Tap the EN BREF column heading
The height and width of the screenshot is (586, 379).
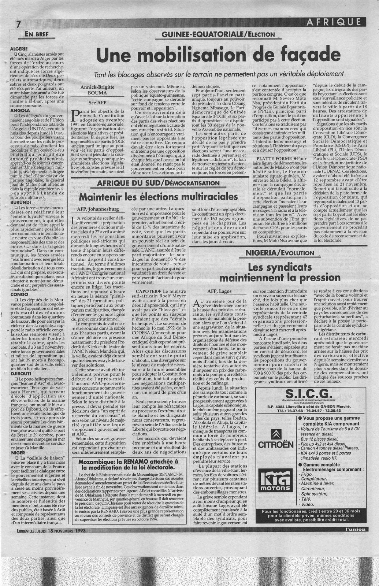(x=36, y=35)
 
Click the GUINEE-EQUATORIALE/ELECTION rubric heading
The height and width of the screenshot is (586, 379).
(x=220, y=34)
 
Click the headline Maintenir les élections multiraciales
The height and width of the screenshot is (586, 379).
(x=159, y=197)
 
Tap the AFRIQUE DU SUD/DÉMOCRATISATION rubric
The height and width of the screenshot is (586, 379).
(x=158, y=183)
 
